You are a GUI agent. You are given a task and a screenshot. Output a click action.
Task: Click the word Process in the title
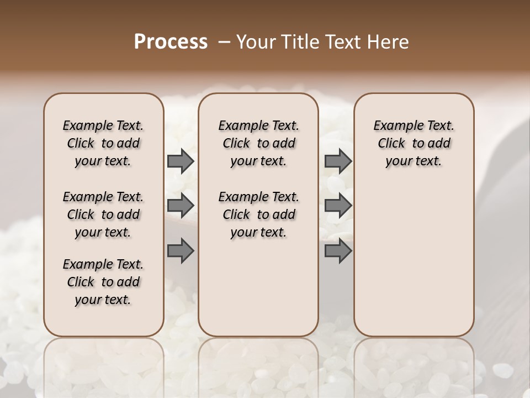click(x=171, y=41)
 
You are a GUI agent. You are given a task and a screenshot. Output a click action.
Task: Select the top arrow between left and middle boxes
click(x=181, y=161)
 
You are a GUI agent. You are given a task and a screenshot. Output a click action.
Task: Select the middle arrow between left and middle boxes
click(x=181, y=206)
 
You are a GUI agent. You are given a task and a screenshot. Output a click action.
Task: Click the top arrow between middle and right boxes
click(x=338, y=161)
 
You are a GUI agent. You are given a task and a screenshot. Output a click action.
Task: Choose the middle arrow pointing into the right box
click(x=338, y=206)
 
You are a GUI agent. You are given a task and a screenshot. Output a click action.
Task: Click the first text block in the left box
click(x=103, y=143)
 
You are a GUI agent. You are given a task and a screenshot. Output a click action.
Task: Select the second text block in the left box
click(x=103, y=214)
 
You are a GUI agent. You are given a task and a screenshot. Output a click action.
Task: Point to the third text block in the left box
click(x=103, y=282)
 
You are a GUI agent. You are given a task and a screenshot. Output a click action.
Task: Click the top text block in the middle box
click(x=258, y=143)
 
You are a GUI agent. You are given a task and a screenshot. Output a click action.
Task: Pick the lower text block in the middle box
click(x=258, y=214)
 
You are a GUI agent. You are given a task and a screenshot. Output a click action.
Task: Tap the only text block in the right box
click(x=414, y=143)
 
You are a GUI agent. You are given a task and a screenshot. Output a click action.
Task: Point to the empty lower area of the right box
click(x=414, y=260)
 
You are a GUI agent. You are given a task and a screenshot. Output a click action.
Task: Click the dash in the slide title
click(x=224, y=41)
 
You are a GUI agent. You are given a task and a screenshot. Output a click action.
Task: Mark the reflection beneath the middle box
click(x=258, y=359)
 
